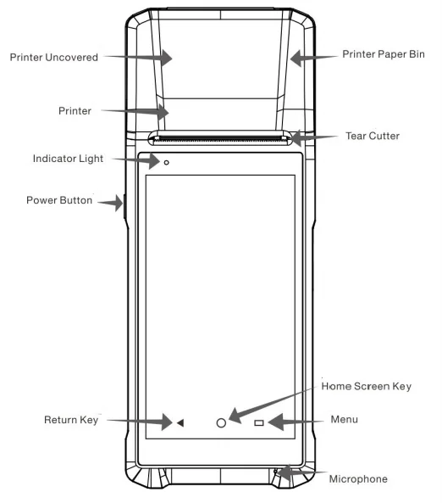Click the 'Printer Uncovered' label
click(54, 58)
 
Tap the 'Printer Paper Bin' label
click(384, 54)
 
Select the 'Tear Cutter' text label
click(373, 136)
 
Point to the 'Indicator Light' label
click(68, 159)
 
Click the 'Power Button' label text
click(59, 200)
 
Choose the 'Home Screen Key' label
click(366, 386)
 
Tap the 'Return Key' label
click(71, 420)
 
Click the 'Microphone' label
click(358, 479)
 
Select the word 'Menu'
click(344, 419)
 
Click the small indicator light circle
click(166, 163)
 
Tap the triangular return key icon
click(180, 422)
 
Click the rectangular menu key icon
click(259, 423)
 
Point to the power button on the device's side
click(124, 207)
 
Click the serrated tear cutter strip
click(219, 139)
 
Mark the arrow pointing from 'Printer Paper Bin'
click(314, 58)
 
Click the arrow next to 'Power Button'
click(110, 203)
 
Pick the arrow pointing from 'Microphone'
click(301, 472)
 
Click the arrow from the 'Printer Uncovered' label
click(138, 58)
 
